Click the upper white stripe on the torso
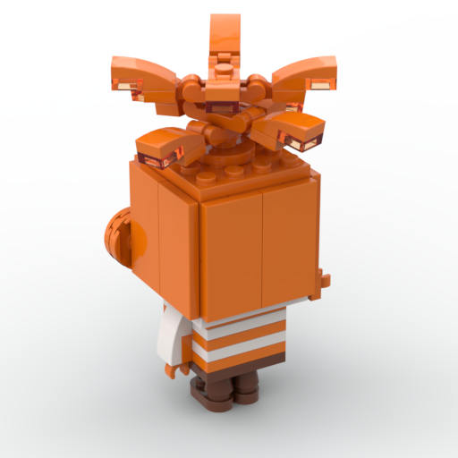(x=240, y=332)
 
